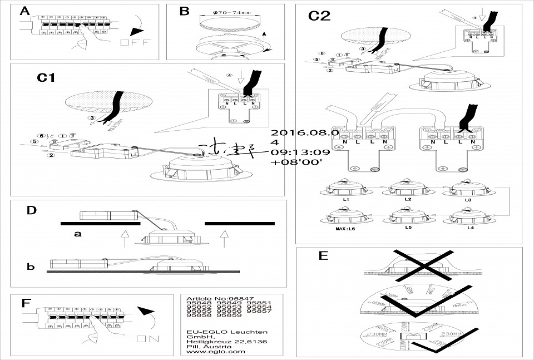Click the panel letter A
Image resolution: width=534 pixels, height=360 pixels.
click(25, 12)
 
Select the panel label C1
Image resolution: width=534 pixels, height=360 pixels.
click(46, 78)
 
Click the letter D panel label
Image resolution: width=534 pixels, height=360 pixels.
click(32, 210)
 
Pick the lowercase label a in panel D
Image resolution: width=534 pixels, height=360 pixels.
click(78, 234)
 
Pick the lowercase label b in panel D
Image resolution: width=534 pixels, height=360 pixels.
click(31, 267)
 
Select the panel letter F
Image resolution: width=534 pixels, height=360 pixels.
click(25, 303)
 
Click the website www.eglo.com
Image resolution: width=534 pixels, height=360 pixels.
click(216, 352)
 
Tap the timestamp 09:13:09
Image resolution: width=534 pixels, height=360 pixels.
click(300, 151)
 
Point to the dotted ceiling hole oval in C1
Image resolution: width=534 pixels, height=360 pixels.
click(108, 103)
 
